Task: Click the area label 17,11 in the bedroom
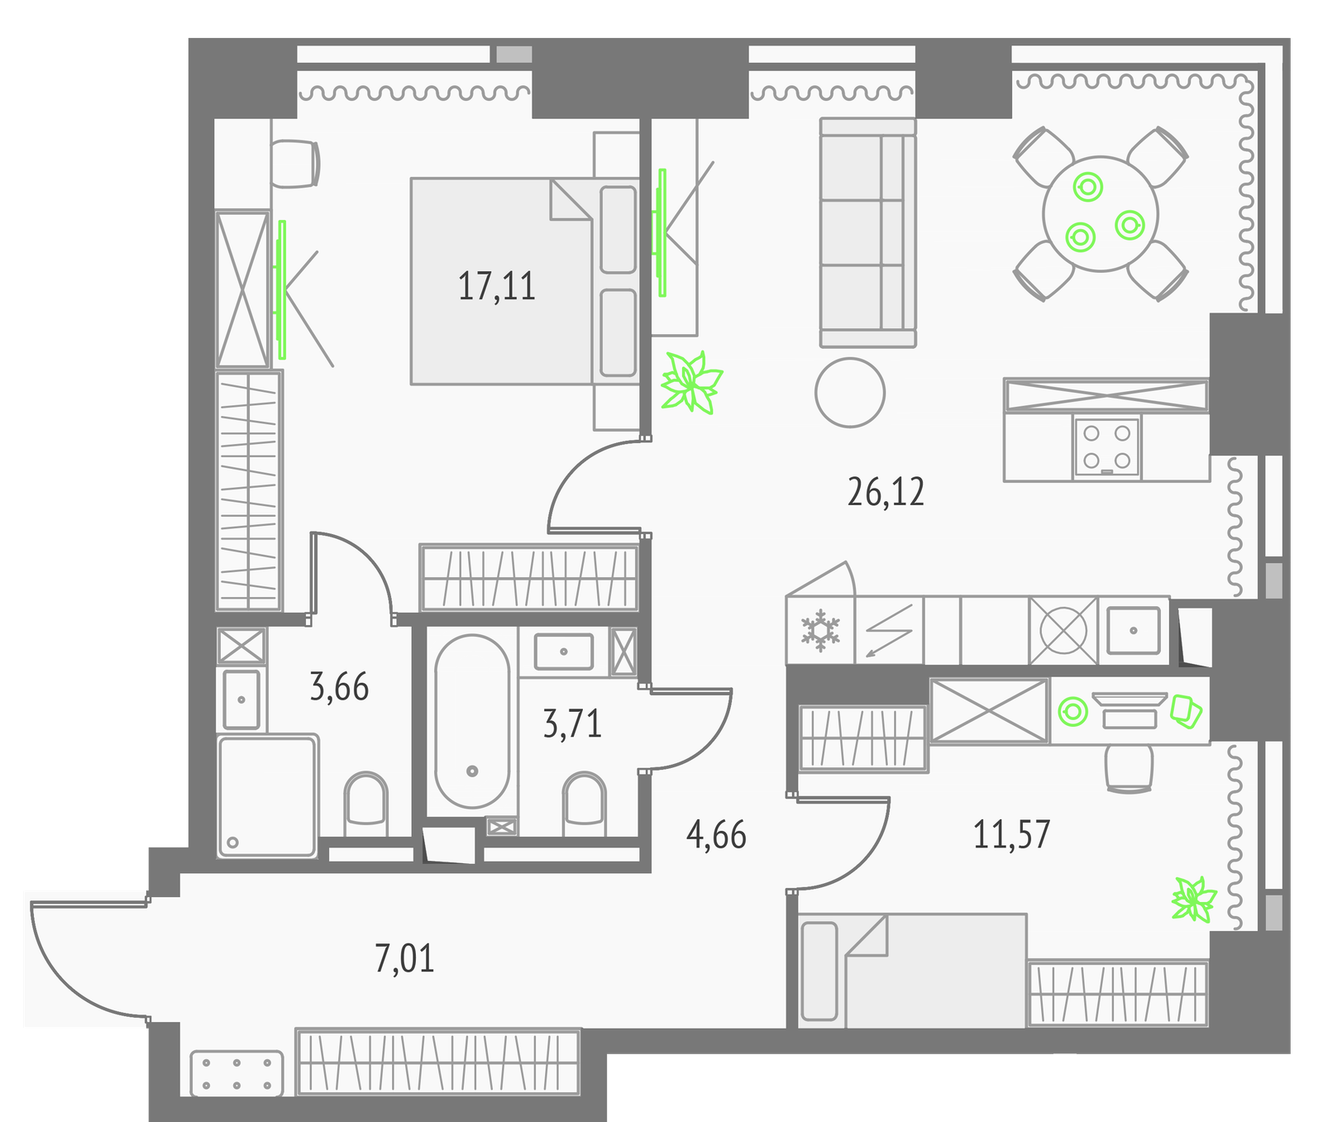(x=497, y=286)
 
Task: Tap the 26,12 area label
(x=886, y=492)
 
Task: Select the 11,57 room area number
(x=1011, y=834)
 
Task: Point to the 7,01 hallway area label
(x=404, y=958)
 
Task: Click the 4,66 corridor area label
(x=716, y=835)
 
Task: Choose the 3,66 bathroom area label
(x=339, y=687)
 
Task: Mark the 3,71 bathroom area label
(x=572, y=723)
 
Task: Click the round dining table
(x=1101, y=214)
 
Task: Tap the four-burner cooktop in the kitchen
(x=1107, y=446)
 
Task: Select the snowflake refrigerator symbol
(x=820, y=630)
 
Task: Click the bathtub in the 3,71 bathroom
(x=472, y=722)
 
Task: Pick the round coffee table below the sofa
(x=850, y=393)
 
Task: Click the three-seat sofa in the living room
(x=868, y=232)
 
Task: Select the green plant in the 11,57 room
(x=1194, y=900)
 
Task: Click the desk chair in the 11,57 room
(x=1129, y=767)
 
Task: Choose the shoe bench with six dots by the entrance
(x=236, y=1073)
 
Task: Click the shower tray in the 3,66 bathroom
(x=267, y=796)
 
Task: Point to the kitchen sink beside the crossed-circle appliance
(x=1134, y=630)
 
